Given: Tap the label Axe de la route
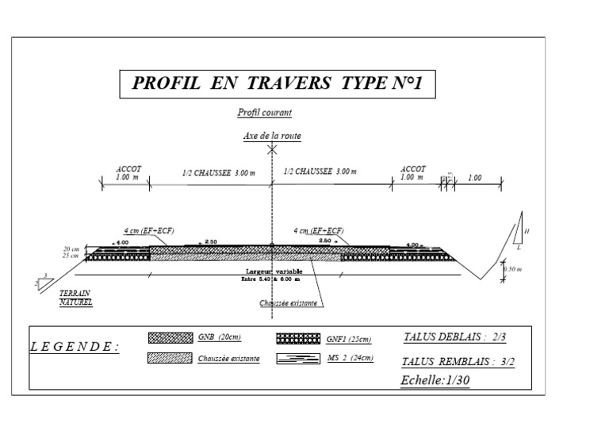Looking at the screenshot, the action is pyautogui.click(x=272, y=136).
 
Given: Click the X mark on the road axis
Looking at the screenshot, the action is pyautogui.click(x=272, y=148).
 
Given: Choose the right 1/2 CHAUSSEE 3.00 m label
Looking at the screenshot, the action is pyautogui.click(x=320, y=172).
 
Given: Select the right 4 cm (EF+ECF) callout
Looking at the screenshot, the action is pyautogui.click(x=319, y=230).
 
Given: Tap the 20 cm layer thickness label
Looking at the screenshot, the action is pyautogui.click(x=71, y=248).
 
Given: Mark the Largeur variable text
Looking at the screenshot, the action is pyautogui.click(x=272, y=271).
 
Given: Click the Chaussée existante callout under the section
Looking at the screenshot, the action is pyautogui.click(x=289, y=303).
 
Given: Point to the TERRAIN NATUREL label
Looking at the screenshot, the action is pyautogui.click(x=76, y=298).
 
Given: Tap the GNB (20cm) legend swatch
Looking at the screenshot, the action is pyautogui.click(x=170, y=337).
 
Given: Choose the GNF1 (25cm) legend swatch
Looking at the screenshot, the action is pyautogui.click(x=298, y=337).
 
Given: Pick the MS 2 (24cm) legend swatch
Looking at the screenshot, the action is pyautogui.click(x=298, y=359).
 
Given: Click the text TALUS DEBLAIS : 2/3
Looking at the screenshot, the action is pyautogui.click(x=454, y=337).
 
